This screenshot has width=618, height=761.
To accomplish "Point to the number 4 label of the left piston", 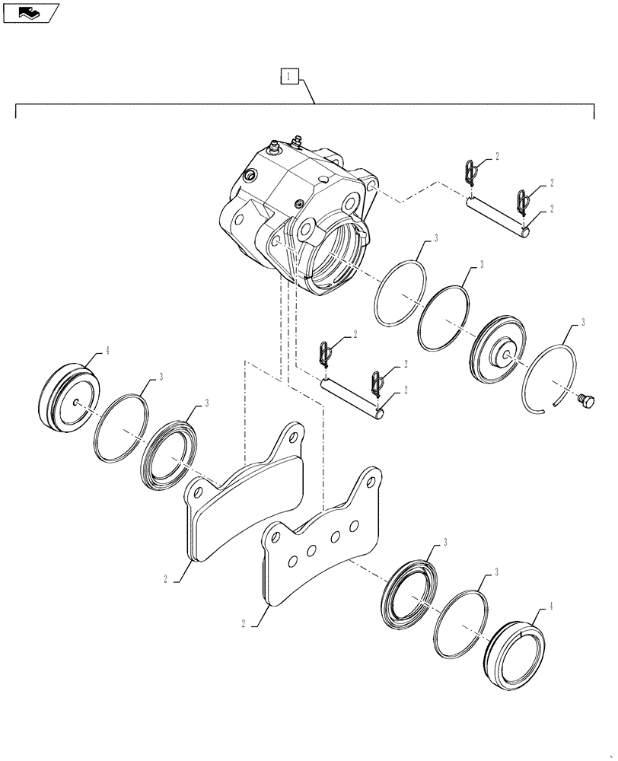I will (x=107, y=351).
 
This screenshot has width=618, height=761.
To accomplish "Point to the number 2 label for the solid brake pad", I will (x=165, y=578).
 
